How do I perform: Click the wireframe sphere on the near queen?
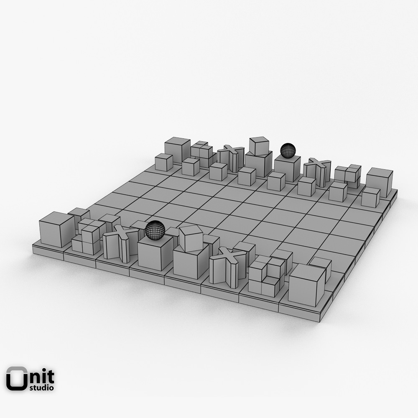point(155,230)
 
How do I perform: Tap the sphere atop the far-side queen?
point(288,150)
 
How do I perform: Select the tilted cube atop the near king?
point(191,238)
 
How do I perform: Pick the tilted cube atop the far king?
point(259,146)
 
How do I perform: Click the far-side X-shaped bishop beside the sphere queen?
point(317,171)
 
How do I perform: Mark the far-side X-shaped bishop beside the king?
point(231,158)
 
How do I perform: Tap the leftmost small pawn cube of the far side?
point(164,162)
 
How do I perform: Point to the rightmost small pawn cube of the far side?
point(370,197)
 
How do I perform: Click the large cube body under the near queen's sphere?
point(155,253)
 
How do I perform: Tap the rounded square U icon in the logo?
point(16,379)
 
